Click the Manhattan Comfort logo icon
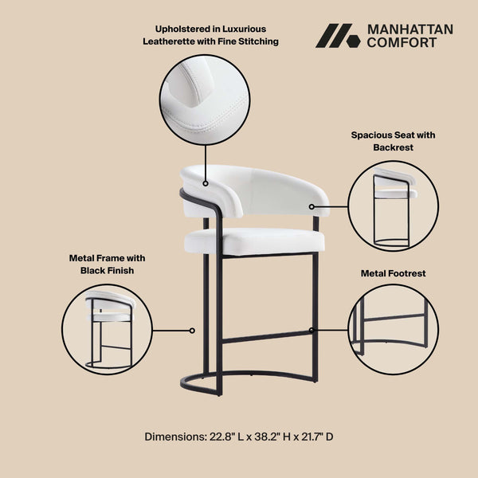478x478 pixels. point(338,36)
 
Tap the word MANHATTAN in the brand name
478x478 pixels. point(409,29)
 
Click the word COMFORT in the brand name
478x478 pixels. point(402,43)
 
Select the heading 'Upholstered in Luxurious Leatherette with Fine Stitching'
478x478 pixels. point(210,35)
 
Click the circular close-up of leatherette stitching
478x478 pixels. point(205,100)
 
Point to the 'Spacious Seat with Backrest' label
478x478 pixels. point(393,141)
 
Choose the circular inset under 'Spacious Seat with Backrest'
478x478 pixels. point(394,206)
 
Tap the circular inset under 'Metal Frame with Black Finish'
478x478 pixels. point(107,329)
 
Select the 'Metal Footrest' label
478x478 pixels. point(393,273)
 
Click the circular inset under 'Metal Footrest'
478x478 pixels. point(394,329)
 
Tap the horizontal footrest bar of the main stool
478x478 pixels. point(268,336)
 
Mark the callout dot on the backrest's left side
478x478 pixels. point(206,183)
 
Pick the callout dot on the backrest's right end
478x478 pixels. point(313,206)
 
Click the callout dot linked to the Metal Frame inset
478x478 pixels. point(191,329)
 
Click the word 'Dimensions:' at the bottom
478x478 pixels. point(176,437)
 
